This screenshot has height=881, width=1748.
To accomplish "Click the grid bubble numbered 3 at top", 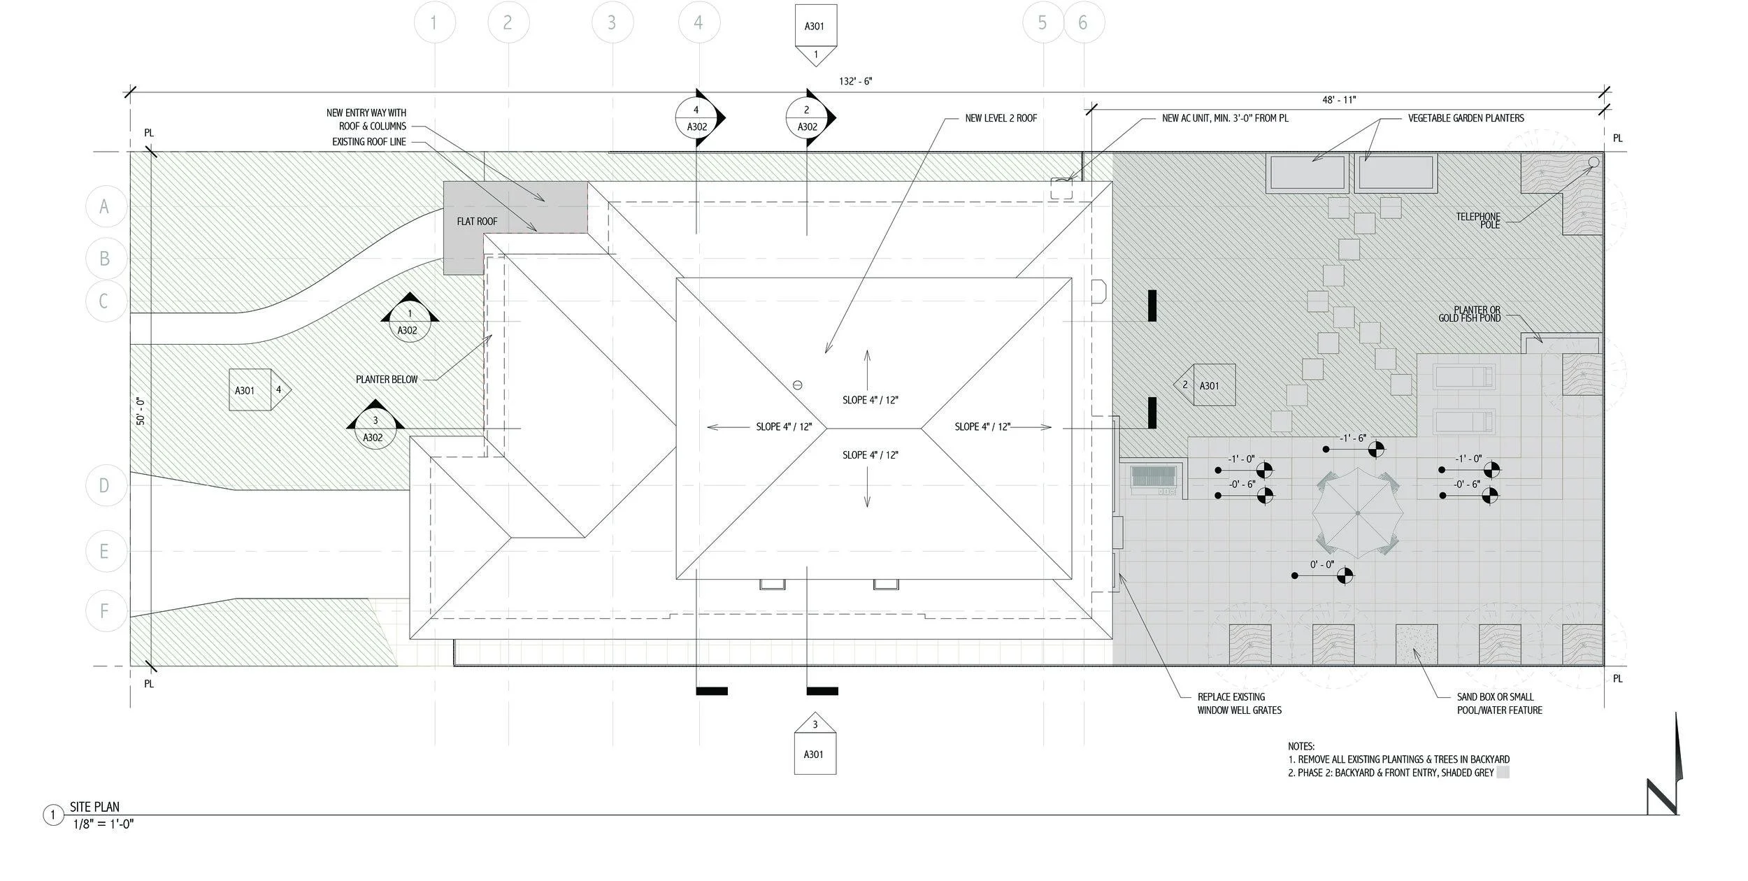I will [x=612, y=23].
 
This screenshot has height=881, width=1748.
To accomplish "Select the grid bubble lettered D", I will [x=105, y=485].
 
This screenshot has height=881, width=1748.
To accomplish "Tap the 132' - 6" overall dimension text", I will [x=855, y=82].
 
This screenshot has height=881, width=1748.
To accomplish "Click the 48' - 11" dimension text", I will [x=1338, y=101].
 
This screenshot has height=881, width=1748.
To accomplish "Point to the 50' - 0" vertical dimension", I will [x=141, y=411].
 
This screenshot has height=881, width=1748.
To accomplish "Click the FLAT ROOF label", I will [x=477, y=222].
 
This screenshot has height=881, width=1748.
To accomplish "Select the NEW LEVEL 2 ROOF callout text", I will [x=1001, y=119].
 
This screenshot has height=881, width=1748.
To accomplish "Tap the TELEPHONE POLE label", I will [x=1477, y=221].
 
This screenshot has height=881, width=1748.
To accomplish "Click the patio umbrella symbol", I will [x=1357, y=513].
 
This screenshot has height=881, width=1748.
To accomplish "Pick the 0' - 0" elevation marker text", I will [x=1321, y=564].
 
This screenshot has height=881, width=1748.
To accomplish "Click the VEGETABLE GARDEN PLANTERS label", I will [x=1466, y=119].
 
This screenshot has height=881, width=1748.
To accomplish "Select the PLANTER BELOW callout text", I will [x=387, y=380].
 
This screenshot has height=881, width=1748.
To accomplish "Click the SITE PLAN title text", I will [x=94, y=807].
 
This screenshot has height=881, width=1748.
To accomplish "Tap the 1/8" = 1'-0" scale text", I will [x=103, y=824].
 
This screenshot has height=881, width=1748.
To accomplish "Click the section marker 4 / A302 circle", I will [x=696, y=118].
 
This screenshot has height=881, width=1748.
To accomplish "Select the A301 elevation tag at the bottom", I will [x=815, y=748].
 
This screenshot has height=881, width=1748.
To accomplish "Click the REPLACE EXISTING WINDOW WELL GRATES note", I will [x=1239, y=703].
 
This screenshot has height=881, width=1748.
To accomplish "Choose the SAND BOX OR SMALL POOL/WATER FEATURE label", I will [x=1499, y=703].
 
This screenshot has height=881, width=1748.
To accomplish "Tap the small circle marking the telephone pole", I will [x=1593, y=162].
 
